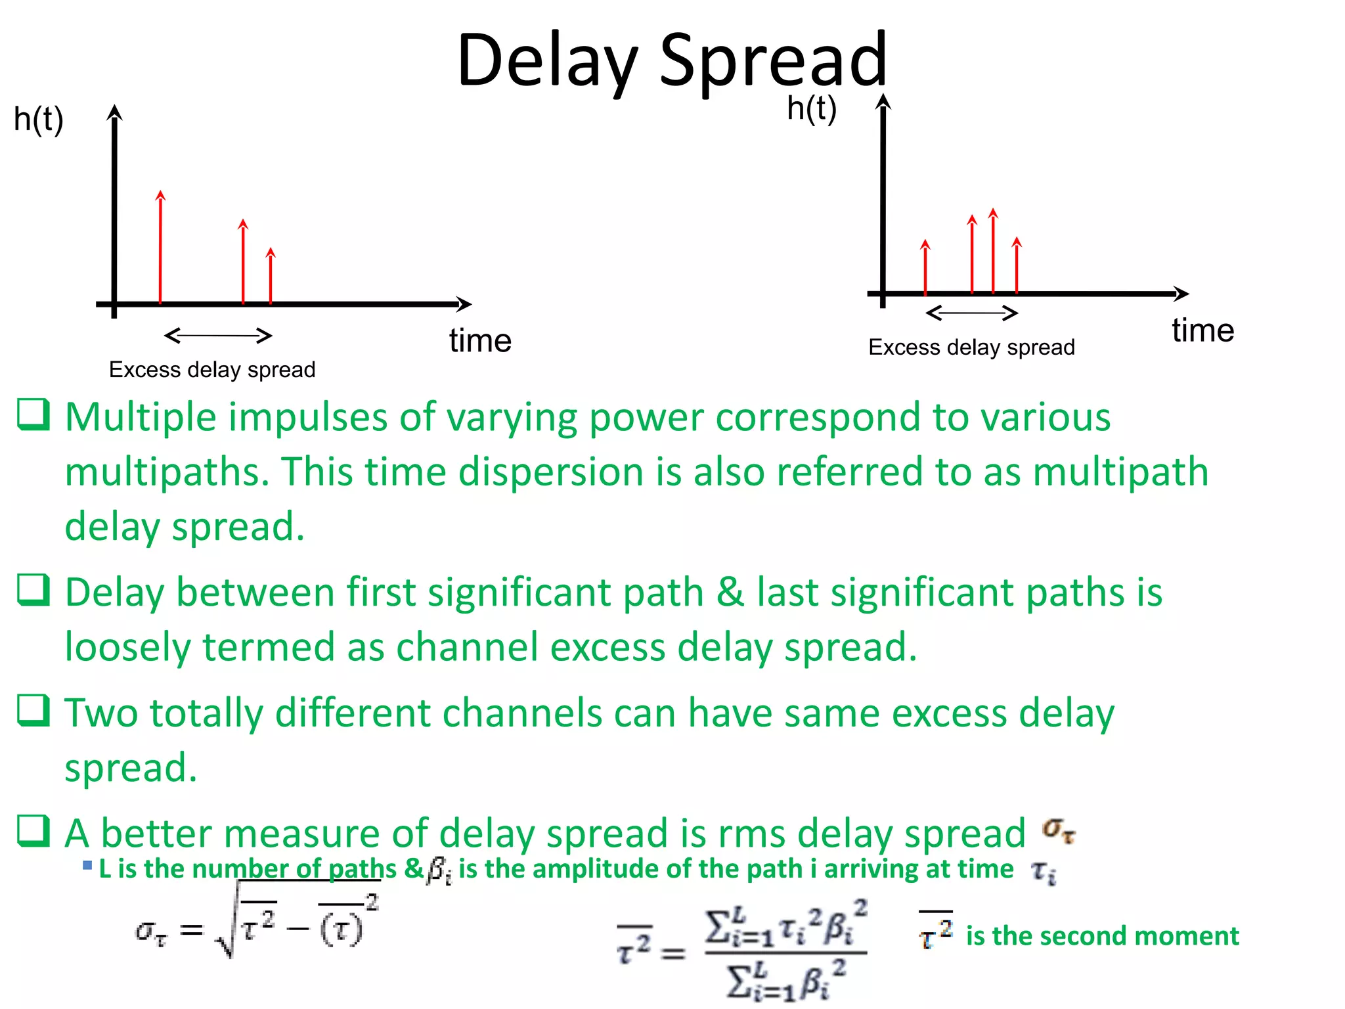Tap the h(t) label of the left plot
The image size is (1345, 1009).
point(38,120)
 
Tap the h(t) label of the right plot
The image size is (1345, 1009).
point(812,108)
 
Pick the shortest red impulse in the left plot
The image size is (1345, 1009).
point(271,276)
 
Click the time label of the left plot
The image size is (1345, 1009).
point(480,341)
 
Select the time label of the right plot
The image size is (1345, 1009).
point(1202,330)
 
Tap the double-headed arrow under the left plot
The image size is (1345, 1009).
point(218,336)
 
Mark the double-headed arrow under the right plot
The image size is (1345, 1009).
point(971,313)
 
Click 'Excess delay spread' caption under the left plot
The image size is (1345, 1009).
point(211,370)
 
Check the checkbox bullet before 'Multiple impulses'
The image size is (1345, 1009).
point(33,415)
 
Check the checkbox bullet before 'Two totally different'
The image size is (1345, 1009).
point(33,711)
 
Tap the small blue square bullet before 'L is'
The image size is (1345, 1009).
point(87,865)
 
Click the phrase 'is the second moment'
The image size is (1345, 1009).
point(1102,936)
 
